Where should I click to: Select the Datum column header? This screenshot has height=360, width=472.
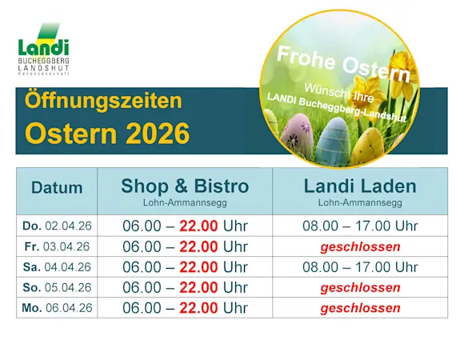tap(57, 188)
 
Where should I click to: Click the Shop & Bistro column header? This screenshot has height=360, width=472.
tap(185, 190)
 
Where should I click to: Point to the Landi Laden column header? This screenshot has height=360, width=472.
tap(360, 190)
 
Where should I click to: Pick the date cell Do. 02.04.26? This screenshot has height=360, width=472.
tap(57, 226)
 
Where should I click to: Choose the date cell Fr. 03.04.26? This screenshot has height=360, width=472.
tap(57, 246)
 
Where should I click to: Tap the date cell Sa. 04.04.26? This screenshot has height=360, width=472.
tap(57, 266)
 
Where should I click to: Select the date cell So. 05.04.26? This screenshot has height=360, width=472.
tap(57, 287)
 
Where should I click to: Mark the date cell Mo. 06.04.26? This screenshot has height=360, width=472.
tap(57, 308)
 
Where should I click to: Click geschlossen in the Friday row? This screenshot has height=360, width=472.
tap(360, 246)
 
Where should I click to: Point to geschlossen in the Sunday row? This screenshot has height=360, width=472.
tap(360, 287)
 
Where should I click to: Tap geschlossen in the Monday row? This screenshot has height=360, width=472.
tap(360, 308)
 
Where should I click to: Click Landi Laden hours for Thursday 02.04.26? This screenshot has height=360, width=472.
tap(360, 226)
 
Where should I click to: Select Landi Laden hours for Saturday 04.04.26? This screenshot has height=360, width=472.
tap(360, 266)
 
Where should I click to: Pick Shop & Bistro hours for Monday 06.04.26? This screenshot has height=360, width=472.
tap(185, 308)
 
